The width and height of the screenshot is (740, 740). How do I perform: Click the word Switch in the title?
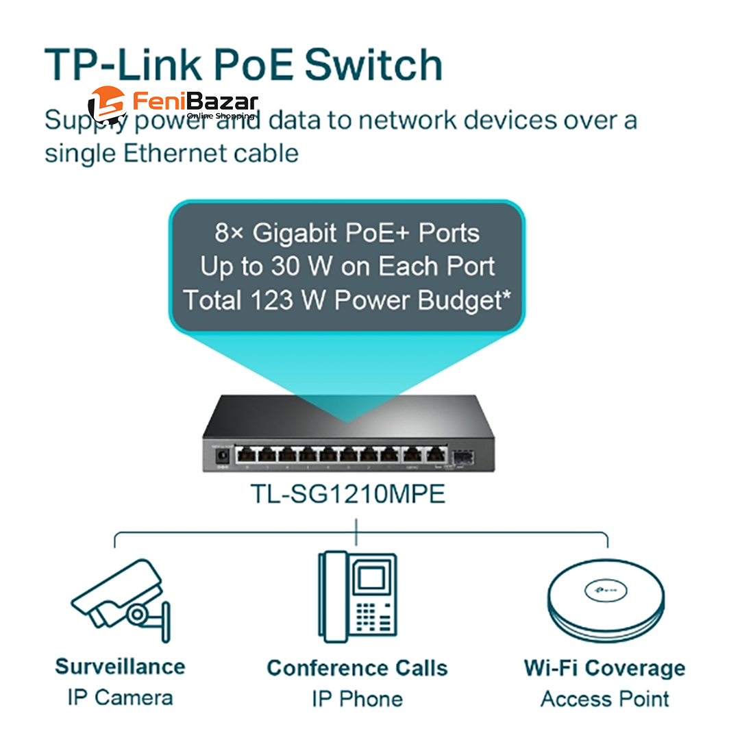point(373,65)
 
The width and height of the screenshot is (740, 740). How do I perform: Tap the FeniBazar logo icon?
point(107,105)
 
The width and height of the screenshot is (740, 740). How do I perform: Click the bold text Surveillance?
point(120,667)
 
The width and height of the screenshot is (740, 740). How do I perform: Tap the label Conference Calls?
point(357,668)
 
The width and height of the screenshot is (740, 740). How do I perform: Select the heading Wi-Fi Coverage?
point(604,668)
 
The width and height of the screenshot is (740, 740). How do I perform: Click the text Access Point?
point(604,699)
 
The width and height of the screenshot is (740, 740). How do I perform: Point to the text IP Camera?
point(120,698)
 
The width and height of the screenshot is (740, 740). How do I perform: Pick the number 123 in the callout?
point(282,299)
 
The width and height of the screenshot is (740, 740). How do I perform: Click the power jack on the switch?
point(222,455)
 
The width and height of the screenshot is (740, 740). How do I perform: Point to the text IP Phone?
point(357,699)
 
